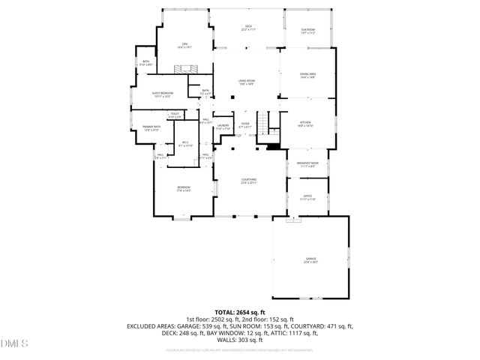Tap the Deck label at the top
(x=247, y=28)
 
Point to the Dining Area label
(x=307, y=76)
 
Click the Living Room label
(x=246, y=82)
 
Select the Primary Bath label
(x=152, y=128)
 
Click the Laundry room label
(x=223, y=127)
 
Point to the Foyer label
(x=244, y=125)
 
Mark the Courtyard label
(x=249, y=181)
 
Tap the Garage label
(x=310, y=259)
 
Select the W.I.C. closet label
(x=186, y=144)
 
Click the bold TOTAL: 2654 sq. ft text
(x=240, y=311)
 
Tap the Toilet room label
(x=174, y=115)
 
